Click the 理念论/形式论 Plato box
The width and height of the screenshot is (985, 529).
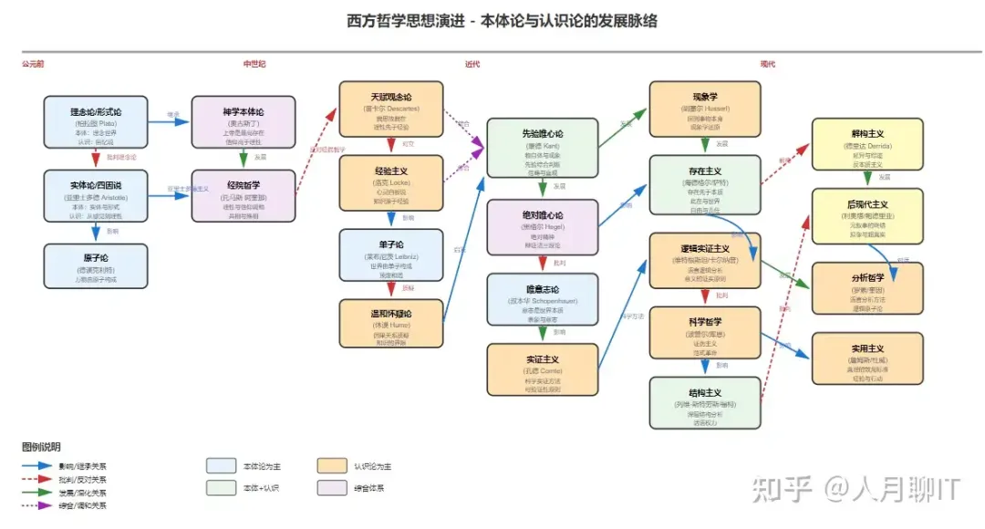(96, 121)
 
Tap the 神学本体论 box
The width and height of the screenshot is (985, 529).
(243, 121)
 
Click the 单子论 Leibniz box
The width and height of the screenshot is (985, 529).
(391, 254)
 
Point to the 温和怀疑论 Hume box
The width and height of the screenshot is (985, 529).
(391, 323)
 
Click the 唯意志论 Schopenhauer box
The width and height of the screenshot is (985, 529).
(544, 299)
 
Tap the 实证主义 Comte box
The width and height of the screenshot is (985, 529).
(544, 369)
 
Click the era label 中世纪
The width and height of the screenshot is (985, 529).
(254, 64)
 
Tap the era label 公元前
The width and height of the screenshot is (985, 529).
(33, 64)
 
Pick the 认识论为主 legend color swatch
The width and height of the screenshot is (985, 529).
(333, 466)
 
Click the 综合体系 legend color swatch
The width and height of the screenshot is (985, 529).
(333, 488)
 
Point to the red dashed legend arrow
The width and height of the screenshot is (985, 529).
(38, 479)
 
